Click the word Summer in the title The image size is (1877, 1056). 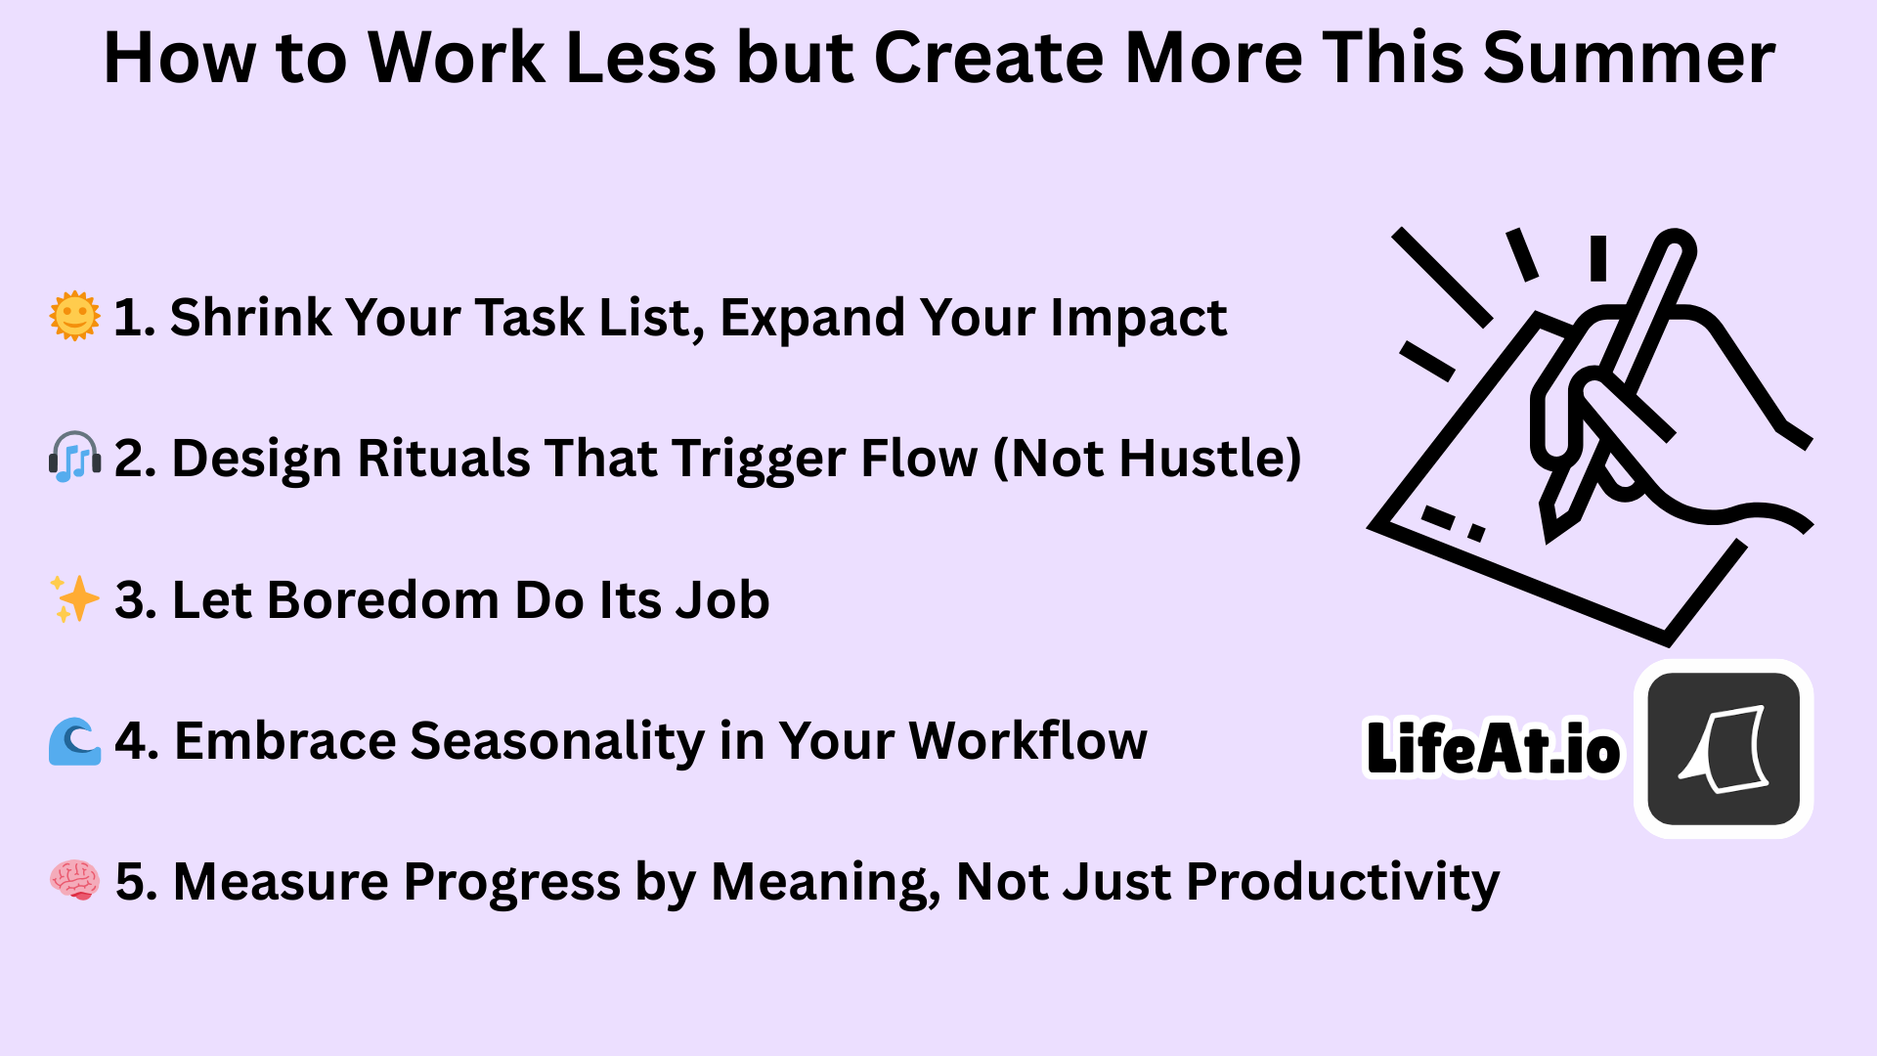tap(1629, 58)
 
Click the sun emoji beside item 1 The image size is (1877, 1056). tap(74, 317)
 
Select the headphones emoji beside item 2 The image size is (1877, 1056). tap(74, 458)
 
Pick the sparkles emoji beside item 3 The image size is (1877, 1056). tap(74, 598)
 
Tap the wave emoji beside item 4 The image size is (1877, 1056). tap(74, 740)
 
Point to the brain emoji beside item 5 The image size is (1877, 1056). tap(74, 880)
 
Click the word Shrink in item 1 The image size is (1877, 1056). tap(251, 317)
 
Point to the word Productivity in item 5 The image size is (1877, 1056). tap(1343, 883)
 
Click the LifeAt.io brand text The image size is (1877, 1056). tap(1493, 748)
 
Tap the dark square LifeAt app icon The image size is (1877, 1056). tap(1724, 749)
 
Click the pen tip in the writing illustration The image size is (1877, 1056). tap(1549, 533)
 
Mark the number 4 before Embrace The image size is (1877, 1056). tap(131, 741)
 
